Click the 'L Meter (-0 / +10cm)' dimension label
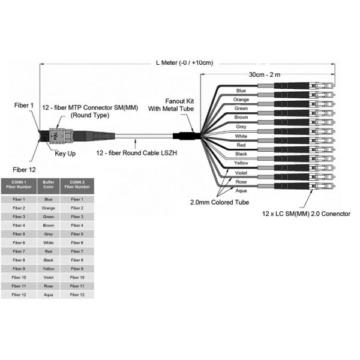184,62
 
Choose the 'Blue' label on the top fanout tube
241,91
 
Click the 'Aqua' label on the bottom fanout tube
241,190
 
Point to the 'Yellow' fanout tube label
241,163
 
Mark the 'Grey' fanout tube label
241,127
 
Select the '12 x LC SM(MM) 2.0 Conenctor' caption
306,213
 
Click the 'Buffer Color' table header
49,184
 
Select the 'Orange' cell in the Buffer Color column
49,208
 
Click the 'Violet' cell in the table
49,277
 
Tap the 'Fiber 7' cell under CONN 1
19,251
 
